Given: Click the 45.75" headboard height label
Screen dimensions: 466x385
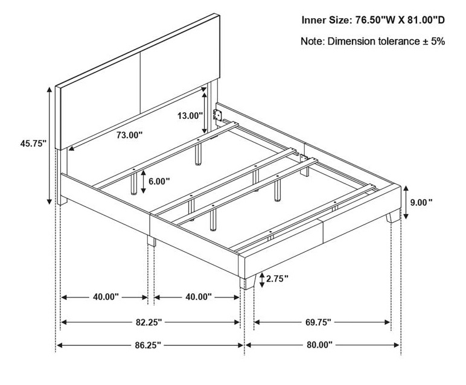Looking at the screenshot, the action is coord(33,144).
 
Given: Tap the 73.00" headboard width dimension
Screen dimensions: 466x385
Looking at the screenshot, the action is coord(130,135).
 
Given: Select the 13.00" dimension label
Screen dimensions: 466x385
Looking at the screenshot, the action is coord(190,115).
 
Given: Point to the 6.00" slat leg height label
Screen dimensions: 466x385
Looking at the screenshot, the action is coord(159,181).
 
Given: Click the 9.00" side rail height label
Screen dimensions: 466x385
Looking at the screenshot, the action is coord(421,202).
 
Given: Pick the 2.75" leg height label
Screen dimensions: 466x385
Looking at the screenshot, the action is coord(277,279).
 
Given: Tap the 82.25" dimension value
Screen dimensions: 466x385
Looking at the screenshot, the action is coord(149,322).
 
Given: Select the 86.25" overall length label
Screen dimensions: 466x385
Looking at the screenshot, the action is coord(148,345).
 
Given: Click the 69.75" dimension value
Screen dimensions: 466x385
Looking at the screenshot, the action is coord(318,322).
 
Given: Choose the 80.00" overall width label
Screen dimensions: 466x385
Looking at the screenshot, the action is coord(319,345).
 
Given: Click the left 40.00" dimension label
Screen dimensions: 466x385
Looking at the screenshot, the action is coord(106,297).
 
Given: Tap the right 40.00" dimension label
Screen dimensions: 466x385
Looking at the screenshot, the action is coord(199,297).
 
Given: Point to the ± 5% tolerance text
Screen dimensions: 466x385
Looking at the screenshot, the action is coord(434,41).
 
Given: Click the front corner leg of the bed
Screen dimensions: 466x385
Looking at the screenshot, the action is coord(248,282).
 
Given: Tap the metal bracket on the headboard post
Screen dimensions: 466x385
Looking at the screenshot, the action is coord(218,114).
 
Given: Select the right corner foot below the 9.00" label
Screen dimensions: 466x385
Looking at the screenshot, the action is coord(393,216).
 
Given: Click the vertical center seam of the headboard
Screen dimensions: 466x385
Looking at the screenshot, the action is coord(140,83).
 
